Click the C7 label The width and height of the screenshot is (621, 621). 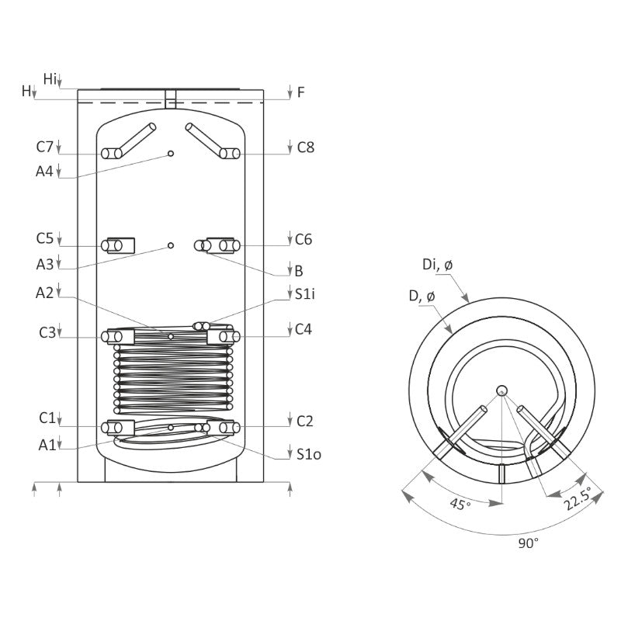(x=45, y=147)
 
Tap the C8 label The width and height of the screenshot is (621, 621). (x=306, y=147)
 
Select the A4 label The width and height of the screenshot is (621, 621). (x=45, y=172)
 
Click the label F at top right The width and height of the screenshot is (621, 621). (x=301, y=92)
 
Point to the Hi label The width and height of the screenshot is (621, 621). (x=50, y=78)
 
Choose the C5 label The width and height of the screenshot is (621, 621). (x=45, y=238)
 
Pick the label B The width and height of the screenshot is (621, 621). (x=299, y=272)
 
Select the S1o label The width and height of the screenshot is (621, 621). (x=309, y=454)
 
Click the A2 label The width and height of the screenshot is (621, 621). (x=45, y=293)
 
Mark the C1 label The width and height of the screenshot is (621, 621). (x=46, y=419)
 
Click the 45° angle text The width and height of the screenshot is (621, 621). (x=460, y=505)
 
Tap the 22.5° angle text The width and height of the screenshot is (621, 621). (x=577, y=498)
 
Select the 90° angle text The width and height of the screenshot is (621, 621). (x=528, y=544)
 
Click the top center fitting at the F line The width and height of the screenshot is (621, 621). (x=171, y=99)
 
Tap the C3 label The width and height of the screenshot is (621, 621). (x=47, y=332)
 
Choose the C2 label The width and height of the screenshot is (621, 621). (x=305, y=421)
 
